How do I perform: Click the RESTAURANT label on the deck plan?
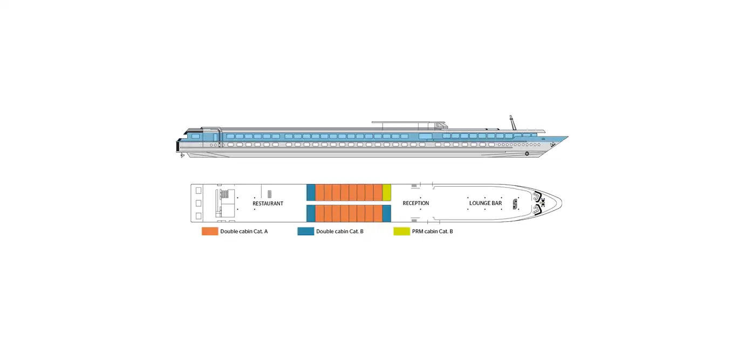pos(268,203)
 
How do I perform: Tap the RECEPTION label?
pos(416,203)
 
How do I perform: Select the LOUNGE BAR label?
pos(486,203)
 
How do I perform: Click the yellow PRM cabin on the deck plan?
pos(387,193)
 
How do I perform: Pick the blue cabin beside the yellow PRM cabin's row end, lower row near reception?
pos(387,213)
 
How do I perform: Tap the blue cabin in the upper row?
pos(311,193)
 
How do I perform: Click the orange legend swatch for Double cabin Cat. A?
pos(210,232)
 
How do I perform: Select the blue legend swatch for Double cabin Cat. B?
pos(306,232)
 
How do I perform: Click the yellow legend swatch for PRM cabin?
pos(402,232)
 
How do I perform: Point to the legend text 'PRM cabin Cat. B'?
pos(433,232)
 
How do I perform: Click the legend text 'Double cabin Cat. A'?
pos(244,232)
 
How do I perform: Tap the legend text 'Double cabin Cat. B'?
pos(340,232)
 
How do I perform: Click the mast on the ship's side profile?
pos(513,123)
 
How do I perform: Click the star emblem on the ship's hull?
pos(527,154)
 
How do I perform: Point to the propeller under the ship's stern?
pos(182,155)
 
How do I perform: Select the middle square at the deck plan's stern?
pos(199,203)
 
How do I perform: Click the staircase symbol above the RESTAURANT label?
pos(269,194)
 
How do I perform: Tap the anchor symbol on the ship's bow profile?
pos(552,145)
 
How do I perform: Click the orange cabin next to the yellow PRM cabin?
pos(378,193)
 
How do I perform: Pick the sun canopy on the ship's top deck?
pos(408,123)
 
